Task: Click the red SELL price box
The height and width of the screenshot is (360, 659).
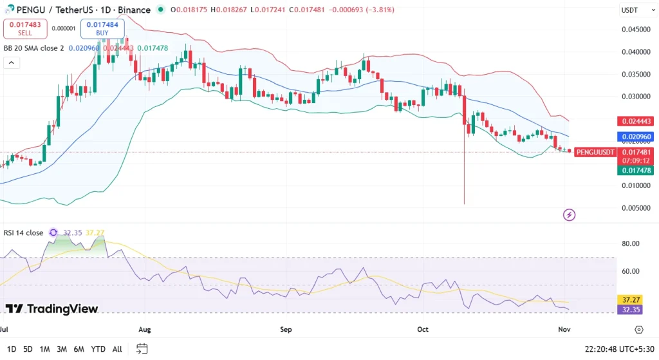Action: (25, 28)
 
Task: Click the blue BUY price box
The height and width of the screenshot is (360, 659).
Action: (102, 28)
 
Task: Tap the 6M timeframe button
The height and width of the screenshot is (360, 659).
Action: (79, 349)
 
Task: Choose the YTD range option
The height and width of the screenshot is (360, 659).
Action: (98, 349)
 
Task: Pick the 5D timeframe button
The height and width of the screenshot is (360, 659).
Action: (28, 349)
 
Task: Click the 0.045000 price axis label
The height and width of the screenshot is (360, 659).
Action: (635, 29)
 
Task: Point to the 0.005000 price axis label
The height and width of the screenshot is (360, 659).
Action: (635, 208)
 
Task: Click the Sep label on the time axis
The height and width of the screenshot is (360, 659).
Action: (286, 330)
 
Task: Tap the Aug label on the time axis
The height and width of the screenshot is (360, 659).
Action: (144, 330)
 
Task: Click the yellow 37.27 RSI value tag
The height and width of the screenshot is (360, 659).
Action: (628, 300)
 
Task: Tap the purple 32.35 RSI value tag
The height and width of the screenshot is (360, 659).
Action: (628, 310)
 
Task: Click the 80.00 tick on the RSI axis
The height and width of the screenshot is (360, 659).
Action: (631, 243)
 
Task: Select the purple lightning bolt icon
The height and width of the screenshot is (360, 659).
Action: (569, 214)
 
